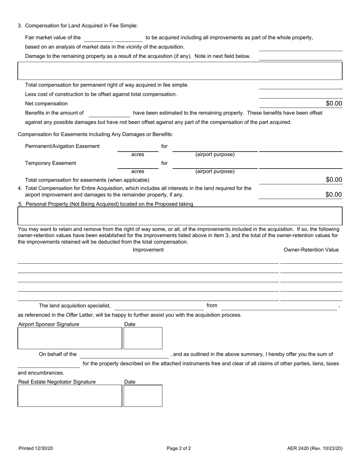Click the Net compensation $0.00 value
[x=333, y=103]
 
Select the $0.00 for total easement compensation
[x=333, y=180]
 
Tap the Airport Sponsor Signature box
[x=70, y=338]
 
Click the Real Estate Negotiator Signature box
[x=70, y=396]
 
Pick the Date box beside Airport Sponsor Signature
[x=143, y=338]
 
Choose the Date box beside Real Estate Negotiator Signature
[x=143, y=396]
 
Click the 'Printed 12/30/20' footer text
[x=36, y=449]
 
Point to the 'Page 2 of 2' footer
[x=179, y=449]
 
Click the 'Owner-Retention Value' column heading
[x=311, y=250]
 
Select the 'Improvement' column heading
[x=148, y=250]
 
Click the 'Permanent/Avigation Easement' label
[x=62, y=146]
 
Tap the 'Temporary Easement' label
[x=50, y=163]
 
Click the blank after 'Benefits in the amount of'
[x=109, y=113]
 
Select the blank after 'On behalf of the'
[x=124, y=355]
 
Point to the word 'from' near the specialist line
[x=212, y=305]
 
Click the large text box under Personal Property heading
[x=180, y=216]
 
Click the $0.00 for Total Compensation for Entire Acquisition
[x=333, y=195]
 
